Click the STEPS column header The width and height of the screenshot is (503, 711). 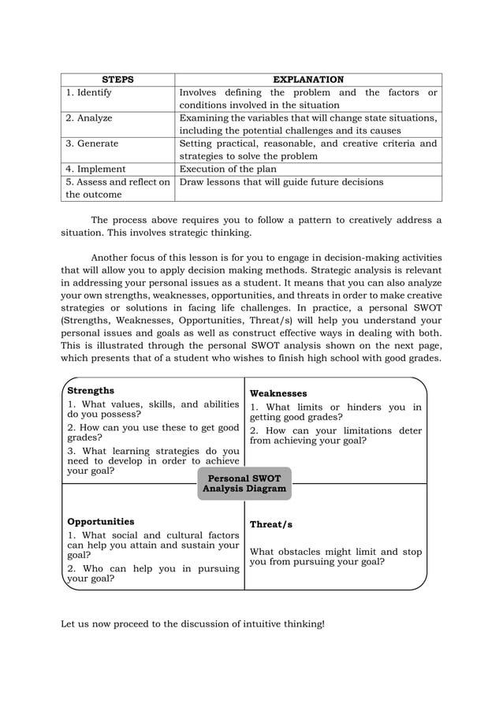click(x=118, y=80)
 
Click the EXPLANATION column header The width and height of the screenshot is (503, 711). click(x=308, y=80)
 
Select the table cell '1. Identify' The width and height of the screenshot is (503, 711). click(x=89, y=92)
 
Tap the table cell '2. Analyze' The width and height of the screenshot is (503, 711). click(x=89, y=118)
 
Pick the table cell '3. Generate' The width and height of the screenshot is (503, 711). click(x=92, y=143)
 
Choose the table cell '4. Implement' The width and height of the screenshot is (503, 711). click(x=95, y=169)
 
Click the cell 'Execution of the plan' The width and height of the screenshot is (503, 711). click(x=228, y=169)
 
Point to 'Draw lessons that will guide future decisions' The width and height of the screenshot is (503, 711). click(x=281, y=181)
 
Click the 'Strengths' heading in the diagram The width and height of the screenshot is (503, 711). click(x=91, y=390)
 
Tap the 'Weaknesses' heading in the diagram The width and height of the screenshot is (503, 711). click(x=278, y=393)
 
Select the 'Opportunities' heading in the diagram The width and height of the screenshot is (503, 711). click(x=101, y=521)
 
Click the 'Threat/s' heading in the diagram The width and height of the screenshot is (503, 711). click(x=272, y=524)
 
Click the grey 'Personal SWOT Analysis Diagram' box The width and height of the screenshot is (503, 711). click(x=244, y=483)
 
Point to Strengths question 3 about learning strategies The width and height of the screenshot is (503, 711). click(x=153, y=461)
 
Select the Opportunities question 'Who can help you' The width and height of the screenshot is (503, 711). click(x=153, y=573)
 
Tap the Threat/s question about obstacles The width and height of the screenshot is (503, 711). click(x=335, y=557)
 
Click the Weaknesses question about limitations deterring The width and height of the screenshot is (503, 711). click(x=335, y=436)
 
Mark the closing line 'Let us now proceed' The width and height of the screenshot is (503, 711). click(x=192, y=624)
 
